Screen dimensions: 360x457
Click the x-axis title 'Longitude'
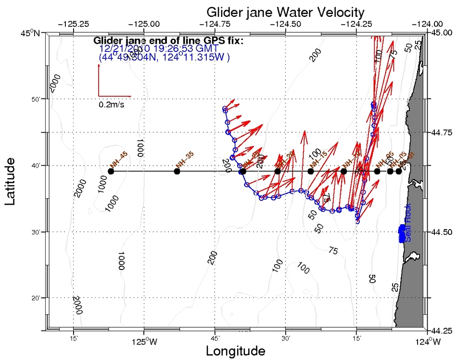235,351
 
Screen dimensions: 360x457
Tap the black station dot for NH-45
111,171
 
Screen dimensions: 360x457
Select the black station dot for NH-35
177,171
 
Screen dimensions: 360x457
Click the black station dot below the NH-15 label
311,171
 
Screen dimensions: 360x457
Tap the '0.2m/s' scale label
112,104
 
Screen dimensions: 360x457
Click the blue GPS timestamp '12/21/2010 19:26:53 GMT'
159,49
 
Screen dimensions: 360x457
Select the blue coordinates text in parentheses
164,57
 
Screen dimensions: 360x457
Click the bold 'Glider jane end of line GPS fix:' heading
168,40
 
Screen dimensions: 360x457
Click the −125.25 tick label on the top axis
73,23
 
